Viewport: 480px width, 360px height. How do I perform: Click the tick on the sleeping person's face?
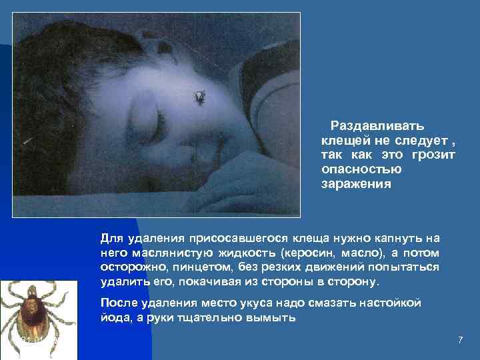(x=200, y=97)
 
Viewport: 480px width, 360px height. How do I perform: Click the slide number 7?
(x=460, y=341)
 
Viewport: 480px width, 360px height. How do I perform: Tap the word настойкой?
(x=391, y=303)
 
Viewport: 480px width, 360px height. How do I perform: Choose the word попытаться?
(x=402, y=267)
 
